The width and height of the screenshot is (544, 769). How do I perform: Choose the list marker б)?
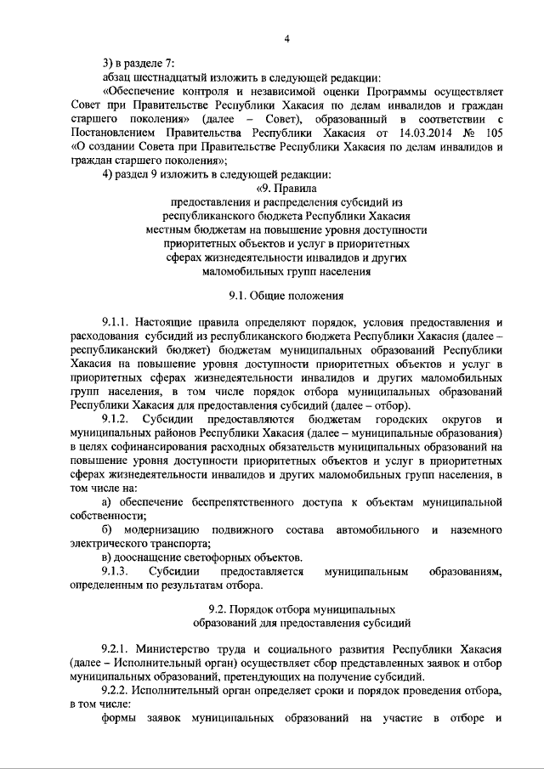pos(107,530)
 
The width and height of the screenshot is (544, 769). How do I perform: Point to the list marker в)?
pos(107,557)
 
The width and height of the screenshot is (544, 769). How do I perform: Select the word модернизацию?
pos(172,530)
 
